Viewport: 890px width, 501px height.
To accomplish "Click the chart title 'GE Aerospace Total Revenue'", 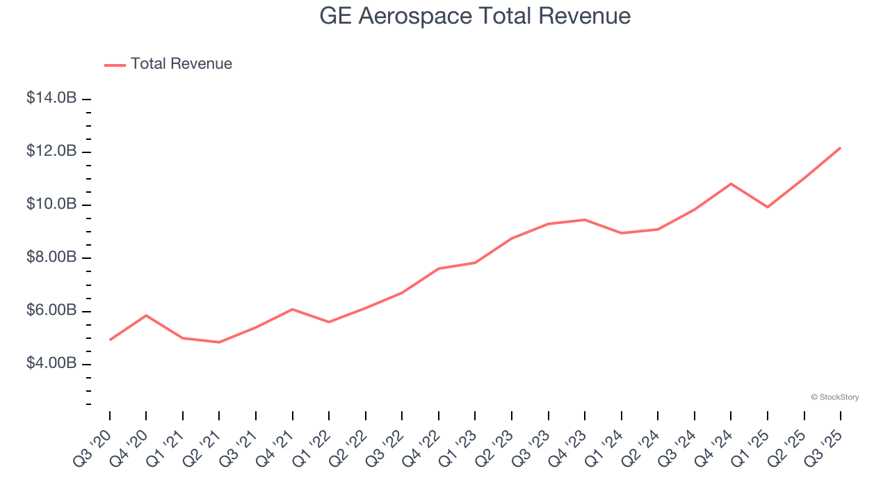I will (x=475, y=16).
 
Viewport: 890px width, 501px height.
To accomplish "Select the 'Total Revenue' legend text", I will (x=181, y=64).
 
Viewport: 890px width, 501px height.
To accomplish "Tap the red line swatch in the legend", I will (x=115, y=65).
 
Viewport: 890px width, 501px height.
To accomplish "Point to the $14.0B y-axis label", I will (x=51, y=98).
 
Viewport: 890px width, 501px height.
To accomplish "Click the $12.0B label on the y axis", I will (x=51, y=151).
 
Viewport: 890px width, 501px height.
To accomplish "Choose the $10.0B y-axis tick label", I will (x=51, y=204).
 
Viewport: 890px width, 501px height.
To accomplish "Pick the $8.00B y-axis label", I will (x=51, y=257).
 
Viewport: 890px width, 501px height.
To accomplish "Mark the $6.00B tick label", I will (x=51, y=310).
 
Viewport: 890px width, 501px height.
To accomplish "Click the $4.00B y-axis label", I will (x=51, y=363).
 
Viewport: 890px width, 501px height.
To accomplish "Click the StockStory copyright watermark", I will (x=834, y=397).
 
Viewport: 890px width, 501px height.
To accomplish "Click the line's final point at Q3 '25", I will (x=840, y=148).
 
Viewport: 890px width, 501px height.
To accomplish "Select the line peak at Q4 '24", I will (x=731, y=184).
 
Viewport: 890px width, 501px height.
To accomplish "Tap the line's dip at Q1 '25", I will (x=768, y=207).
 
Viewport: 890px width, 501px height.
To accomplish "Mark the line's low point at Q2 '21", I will (x=219, y=342).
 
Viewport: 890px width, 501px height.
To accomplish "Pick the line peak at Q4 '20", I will (x=146, y=315).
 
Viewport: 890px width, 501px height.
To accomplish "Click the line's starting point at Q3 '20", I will (x=110, y=340).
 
